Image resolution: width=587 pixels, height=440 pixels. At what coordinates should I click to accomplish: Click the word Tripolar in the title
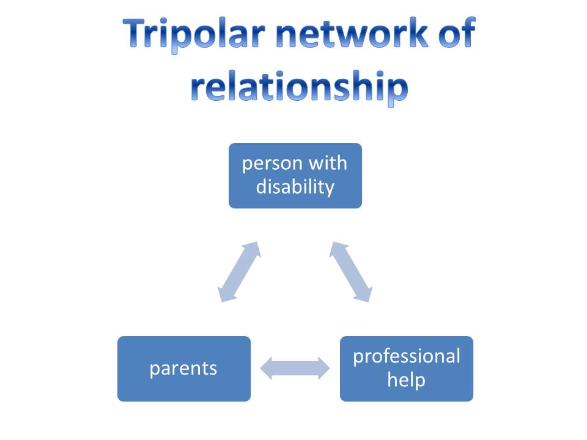pyautogui.click(x=194, y=34)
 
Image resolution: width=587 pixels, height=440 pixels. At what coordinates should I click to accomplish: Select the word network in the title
pyautogui.click(x=352, y=33)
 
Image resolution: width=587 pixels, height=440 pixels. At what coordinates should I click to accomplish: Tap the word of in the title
pyautogui.click(x=457, y=33)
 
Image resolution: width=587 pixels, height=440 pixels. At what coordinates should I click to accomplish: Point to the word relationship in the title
pyautogui.click(x=299, y=87)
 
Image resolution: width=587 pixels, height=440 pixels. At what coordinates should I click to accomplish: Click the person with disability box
pyautogui.click(x=295, y=175)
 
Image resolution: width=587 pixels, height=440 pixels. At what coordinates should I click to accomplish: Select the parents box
pyautogui.click(x=184, y=369)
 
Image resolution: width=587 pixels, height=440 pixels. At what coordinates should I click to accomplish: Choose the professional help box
pyautogui.click(x=407, y=369)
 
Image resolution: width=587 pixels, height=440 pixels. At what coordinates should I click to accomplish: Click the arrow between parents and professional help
pyautogui.click(x=295, y=369)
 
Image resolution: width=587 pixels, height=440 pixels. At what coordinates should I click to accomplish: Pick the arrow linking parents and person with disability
pyautogui.click(x=239, y=271)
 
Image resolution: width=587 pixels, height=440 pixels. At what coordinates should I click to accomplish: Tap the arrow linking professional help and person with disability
pyautogui.click(x=351, y=271)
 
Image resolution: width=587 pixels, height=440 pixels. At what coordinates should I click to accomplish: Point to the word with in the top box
pyautogui.click(x=328, y=163)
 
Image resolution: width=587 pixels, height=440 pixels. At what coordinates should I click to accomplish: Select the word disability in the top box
pyautogui.click(x=295, y=187)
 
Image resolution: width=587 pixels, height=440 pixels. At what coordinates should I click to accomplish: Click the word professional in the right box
pyautogui.click(x=407, y=356)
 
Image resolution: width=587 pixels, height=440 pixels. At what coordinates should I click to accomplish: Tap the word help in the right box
pyautogui.click(x=407, y=380)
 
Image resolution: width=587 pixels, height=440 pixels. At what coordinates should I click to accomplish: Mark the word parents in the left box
pyautogui.click(x=183, y=369)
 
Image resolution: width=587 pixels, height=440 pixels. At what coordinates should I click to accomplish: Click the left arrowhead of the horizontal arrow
pyautogui.click(x=266, y=369)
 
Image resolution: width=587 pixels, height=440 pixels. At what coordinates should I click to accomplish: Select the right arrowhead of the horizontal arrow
pyautogui.click(x=324, y=369)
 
